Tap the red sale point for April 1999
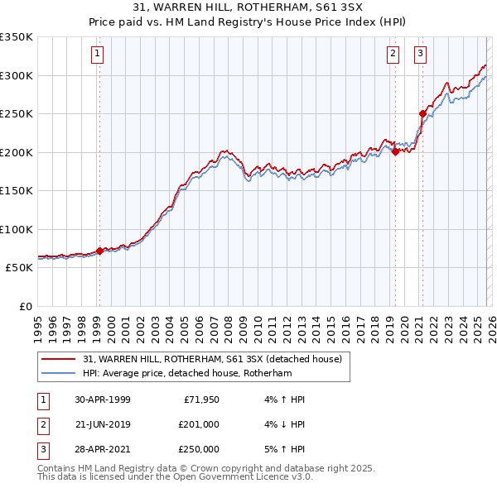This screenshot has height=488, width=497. [x=99, y=251]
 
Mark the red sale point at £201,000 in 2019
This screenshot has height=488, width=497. [x=395, y=151]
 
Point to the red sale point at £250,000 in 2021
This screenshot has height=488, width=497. [x=422, y=114]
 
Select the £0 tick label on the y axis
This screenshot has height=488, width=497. [x=25, y=307]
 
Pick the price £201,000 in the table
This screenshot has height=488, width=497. [x=198, y=424]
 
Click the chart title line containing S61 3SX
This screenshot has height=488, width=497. [x=248, y=7]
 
